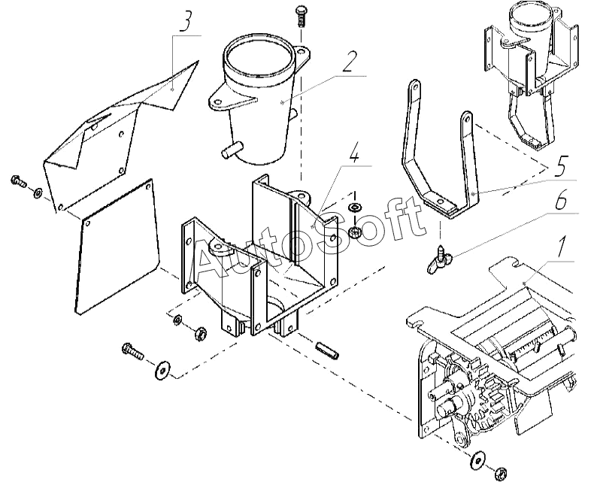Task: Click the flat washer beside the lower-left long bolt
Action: pos(161,371)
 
